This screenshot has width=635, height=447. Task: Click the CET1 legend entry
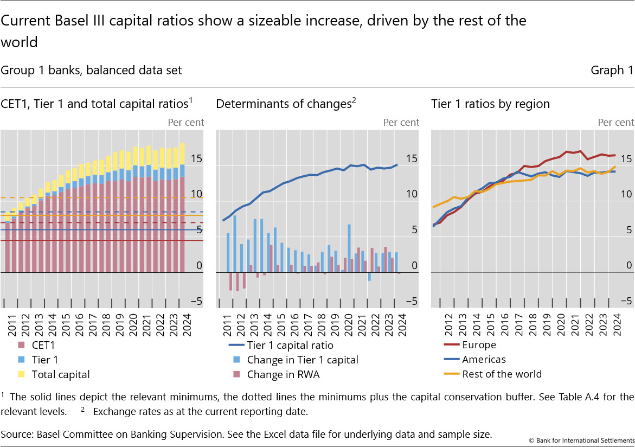pos(43,345)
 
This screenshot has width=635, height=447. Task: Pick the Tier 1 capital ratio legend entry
pos(290,345)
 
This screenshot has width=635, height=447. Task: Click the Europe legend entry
pos(479,345)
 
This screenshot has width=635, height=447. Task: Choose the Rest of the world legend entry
pos(502,374)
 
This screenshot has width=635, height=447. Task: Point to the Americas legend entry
pos(484,360)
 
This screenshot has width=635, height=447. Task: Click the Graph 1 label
pos(612,71)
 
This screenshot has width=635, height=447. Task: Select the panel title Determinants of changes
pos(284,104)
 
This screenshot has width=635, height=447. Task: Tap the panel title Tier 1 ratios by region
pos(490,104)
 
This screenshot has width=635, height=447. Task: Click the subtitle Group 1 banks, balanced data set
pos(92,71)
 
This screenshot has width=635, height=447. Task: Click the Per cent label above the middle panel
pos(401,123)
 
